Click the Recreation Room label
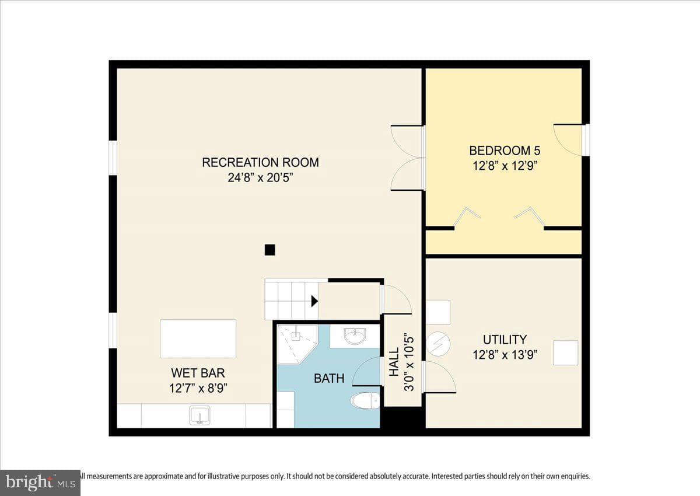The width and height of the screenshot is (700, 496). click(260, 163)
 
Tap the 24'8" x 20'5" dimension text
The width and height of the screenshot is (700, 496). click(260, 178)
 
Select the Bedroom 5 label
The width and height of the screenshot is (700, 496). click(505, 151)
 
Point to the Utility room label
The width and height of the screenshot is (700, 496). click(505, 340)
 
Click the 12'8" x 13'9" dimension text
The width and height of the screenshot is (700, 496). click(505, 355)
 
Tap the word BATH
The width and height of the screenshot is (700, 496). click(329, 379)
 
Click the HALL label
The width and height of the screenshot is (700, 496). click(394, 362)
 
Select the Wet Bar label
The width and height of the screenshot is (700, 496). click(198, 373)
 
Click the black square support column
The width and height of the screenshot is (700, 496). click(270, 250)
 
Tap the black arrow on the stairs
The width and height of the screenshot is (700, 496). click(314, 301)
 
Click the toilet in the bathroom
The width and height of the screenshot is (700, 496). click(365, 401)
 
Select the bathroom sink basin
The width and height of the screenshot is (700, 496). click(355, 336)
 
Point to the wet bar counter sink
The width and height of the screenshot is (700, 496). click(199, 415)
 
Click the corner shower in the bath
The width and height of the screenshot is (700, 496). click(297, 344)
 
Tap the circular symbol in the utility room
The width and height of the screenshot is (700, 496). click(438, 344)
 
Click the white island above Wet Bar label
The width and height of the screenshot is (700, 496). click(198, 338)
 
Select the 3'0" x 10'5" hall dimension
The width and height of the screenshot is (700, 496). click(409, 364)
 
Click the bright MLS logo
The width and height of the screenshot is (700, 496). click(40, 483)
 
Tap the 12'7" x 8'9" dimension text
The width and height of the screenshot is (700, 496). click(198, 389)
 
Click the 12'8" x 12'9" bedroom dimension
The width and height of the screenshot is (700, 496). click(505, 166)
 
